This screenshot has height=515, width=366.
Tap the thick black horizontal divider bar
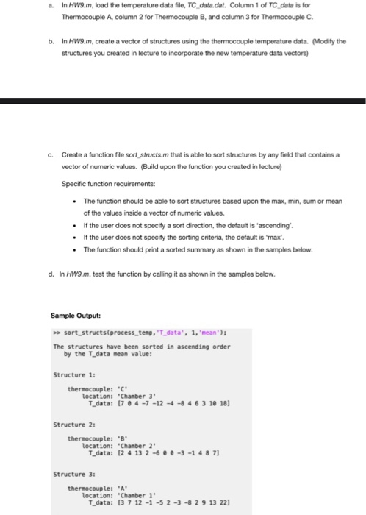183,101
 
